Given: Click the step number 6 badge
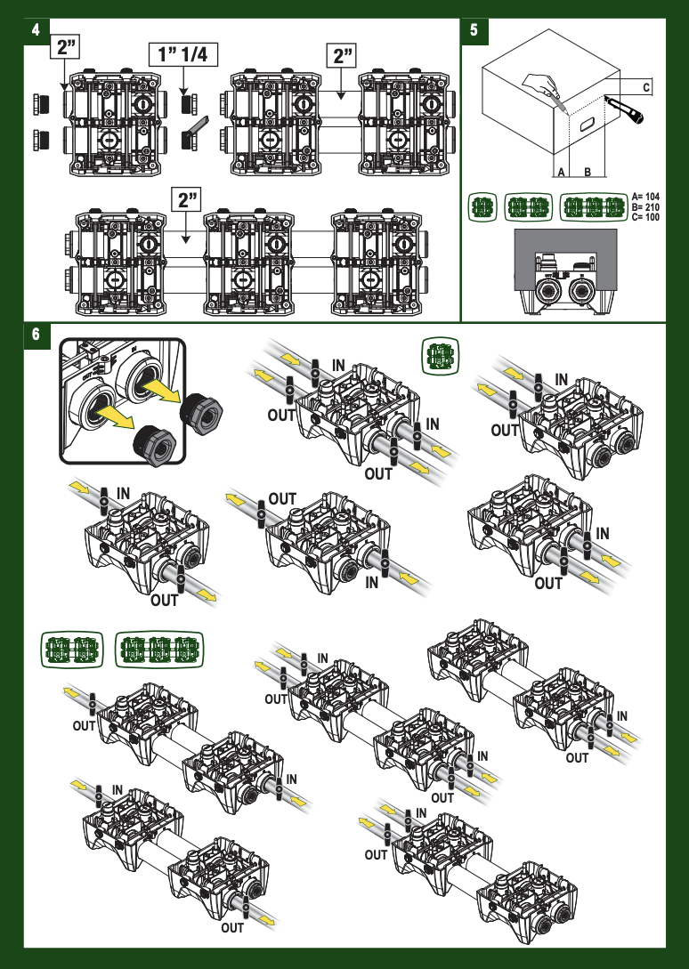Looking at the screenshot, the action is (x=36, y=335).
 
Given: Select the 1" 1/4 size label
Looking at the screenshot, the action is (x=183, y=54).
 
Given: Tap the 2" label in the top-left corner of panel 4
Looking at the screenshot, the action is (x=65, y=47).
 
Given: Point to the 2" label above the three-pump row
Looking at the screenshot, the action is (x=186, y=199).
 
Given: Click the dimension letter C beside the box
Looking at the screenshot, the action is (x=646, y=88).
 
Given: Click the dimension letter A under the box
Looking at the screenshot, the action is (x=561, y=172).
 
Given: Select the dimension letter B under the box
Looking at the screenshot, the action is (x=588, y=172).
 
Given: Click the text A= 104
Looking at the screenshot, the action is (x=645, y=198).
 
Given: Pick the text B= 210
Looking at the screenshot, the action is (x=645, y=207).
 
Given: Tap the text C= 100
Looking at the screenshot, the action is (x=645, y=217).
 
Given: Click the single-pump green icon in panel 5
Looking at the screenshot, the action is (x=482, y=207).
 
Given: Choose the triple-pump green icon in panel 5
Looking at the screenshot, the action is (x=594, y=207).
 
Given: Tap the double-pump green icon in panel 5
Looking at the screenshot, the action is (x=528, y=207).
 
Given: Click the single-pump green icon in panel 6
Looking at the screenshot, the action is (x=441, y=355).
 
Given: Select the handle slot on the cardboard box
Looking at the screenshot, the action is (x=586, y=125).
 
